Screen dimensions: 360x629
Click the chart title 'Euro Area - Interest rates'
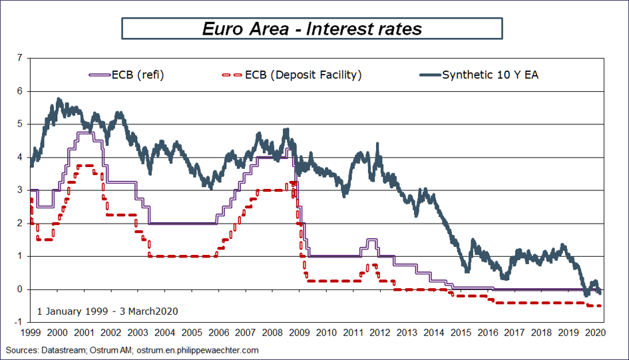pos(312,29)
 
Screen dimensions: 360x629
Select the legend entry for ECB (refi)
pos(139,75)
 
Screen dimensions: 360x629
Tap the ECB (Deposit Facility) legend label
pos(303,75)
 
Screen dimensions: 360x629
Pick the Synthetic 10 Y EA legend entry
pos(490,75)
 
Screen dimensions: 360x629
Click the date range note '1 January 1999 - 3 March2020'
pos(107,311)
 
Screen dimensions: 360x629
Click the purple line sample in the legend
pos(99,75)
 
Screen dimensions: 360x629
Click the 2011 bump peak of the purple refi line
pos(371,240)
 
